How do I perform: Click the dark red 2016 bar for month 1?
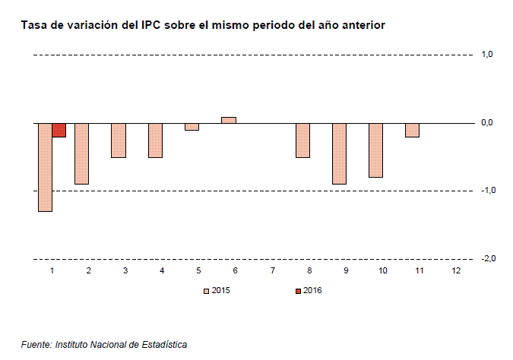tap(59, 130)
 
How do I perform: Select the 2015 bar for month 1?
tap(45, 167)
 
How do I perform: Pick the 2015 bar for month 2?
tap(82, 153)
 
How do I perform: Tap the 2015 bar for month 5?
tap(192, 127)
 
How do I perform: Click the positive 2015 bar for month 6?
tap(229, 120)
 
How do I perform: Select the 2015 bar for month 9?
tap(339, 153)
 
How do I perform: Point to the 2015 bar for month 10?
tap(376, 150)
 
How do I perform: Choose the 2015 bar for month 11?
tap(412, 130)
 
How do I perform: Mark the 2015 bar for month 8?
tap(303, 141)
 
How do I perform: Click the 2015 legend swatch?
tap(206, 291)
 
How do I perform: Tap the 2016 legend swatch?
tap(298, 291)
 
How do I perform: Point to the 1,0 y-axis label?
tap(487, 54)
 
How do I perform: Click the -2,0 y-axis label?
tap(488, 259)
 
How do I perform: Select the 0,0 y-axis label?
tap(487, 122)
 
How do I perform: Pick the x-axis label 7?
tap(273, 270)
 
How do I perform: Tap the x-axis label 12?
tap(456, 270)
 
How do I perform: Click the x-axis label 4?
tap(162, 270)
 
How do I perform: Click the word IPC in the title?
tap(150, 25)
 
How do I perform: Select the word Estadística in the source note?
tap(164, 345)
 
